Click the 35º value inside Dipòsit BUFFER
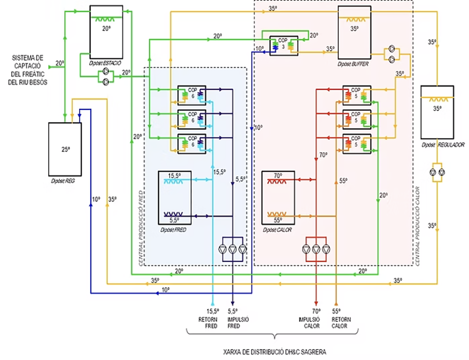(x=354, y=28)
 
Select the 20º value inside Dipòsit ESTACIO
(x=106, y=28)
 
